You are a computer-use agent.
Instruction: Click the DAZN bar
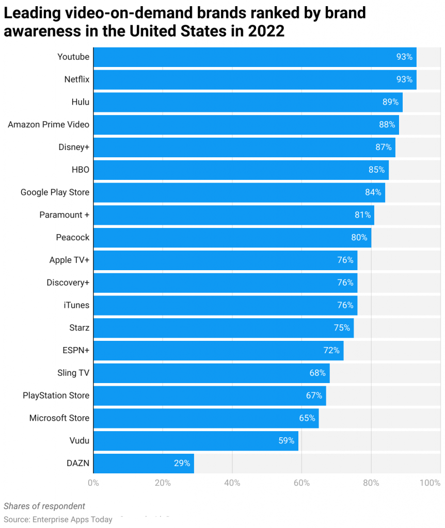144,463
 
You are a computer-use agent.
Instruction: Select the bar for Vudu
196,441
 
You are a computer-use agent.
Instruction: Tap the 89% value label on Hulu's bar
390,102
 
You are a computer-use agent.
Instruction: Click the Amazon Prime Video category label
49,124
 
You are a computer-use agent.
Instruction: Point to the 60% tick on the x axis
301,483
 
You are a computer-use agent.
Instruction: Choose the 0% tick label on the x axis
93,483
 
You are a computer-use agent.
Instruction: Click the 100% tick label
430,483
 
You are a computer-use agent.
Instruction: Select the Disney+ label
74,147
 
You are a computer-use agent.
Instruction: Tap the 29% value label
182,463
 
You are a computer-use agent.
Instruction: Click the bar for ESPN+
218,351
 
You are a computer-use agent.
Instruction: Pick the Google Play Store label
55,192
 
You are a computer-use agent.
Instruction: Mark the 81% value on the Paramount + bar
362,215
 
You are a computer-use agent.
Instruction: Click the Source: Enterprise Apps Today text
58,519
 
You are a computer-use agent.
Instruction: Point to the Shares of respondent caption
44,506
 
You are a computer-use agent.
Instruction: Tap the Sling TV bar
211,373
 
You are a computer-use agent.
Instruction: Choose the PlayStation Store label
56,395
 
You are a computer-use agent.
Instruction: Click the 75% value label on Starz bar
342,328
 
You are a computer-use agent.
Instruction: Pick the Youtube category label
73,57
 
